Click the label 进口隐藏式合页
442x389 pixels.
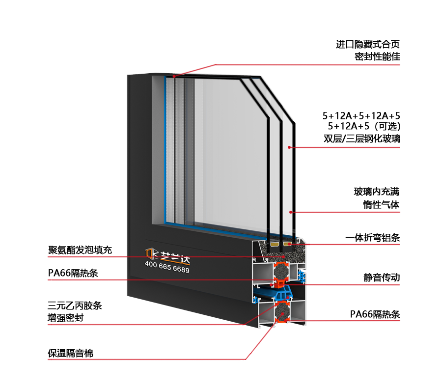tap(368, 44)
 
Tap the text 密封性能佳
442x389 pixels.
tap(377, 56)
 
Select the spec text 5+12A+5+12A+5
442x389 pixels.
tap(361, 116)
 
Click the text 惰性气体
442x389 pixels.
tap(381, 205)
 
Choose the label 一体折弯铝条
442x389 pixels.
tap(372, 238)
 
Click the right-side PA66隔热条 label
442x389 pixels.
tap(375, 313)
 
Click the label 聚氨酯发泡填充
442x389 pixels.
tap(80, 250)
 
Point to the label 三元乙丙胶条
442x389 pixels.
tap(75, 306)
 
